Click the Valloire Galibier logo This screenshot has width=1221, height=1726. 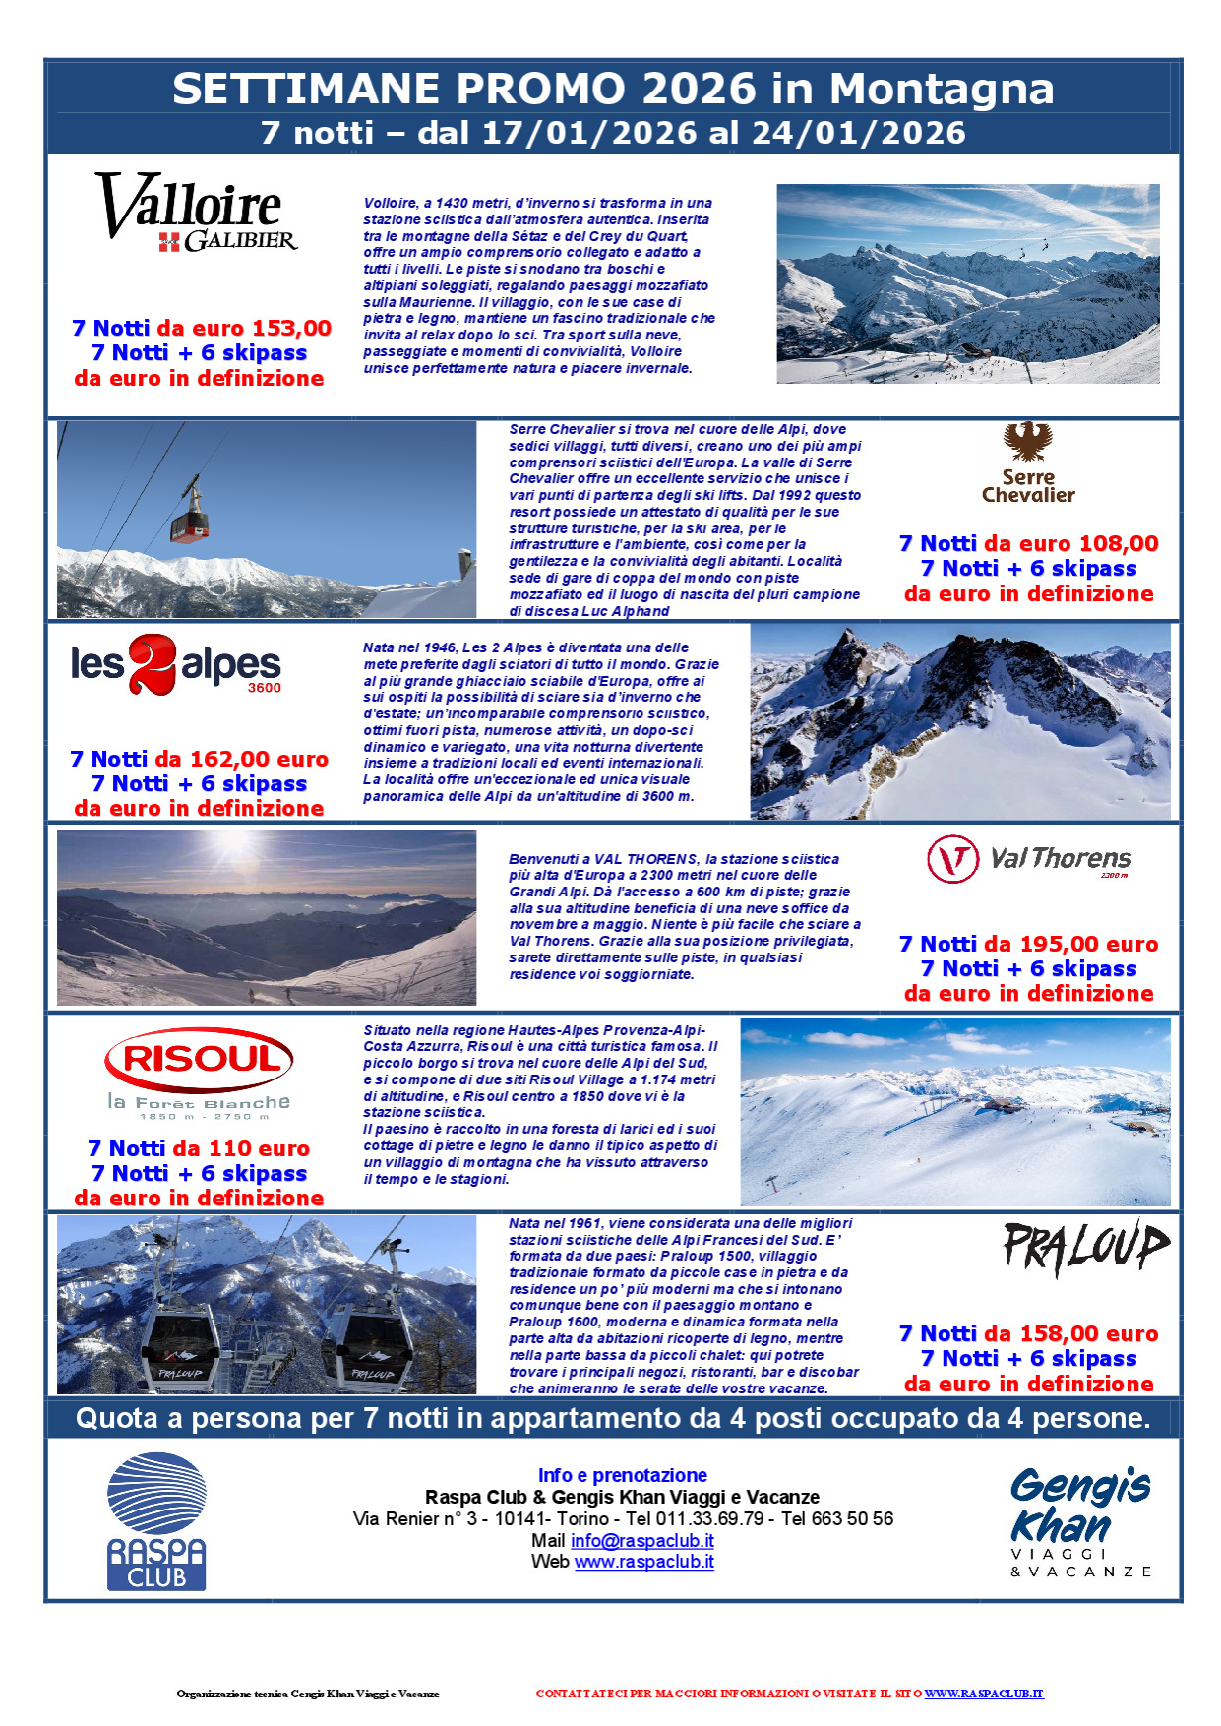tap(197, 213)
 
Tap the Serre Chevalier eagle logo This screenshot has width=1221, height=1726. tap(1028, 462)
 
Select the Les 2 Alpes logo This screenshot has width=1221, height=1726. tap(176, 664)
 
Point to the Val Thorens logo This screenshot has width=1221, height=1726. tap(1028, 859)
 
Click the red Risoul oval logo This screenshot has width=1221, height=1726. tap(199, 1060)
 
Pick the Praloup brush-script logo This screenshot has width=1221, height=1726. tap(1085, 1248)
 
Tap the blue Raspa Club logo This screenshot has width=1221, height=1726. tap(156, 1520)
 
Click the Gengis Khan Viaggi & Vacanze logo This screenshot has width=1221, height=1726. tap(1080, 1520)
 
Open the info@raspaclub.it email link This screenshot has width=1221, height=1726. tap(641, 1541)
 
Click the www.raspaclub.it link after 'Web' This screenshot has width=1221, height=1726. tap(643, 1562)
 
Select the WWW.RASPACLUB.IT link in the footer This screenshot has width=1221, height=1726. tap(983, 1694)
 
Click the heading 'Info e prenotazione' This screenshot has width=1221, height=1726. tap(622, 1475)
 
